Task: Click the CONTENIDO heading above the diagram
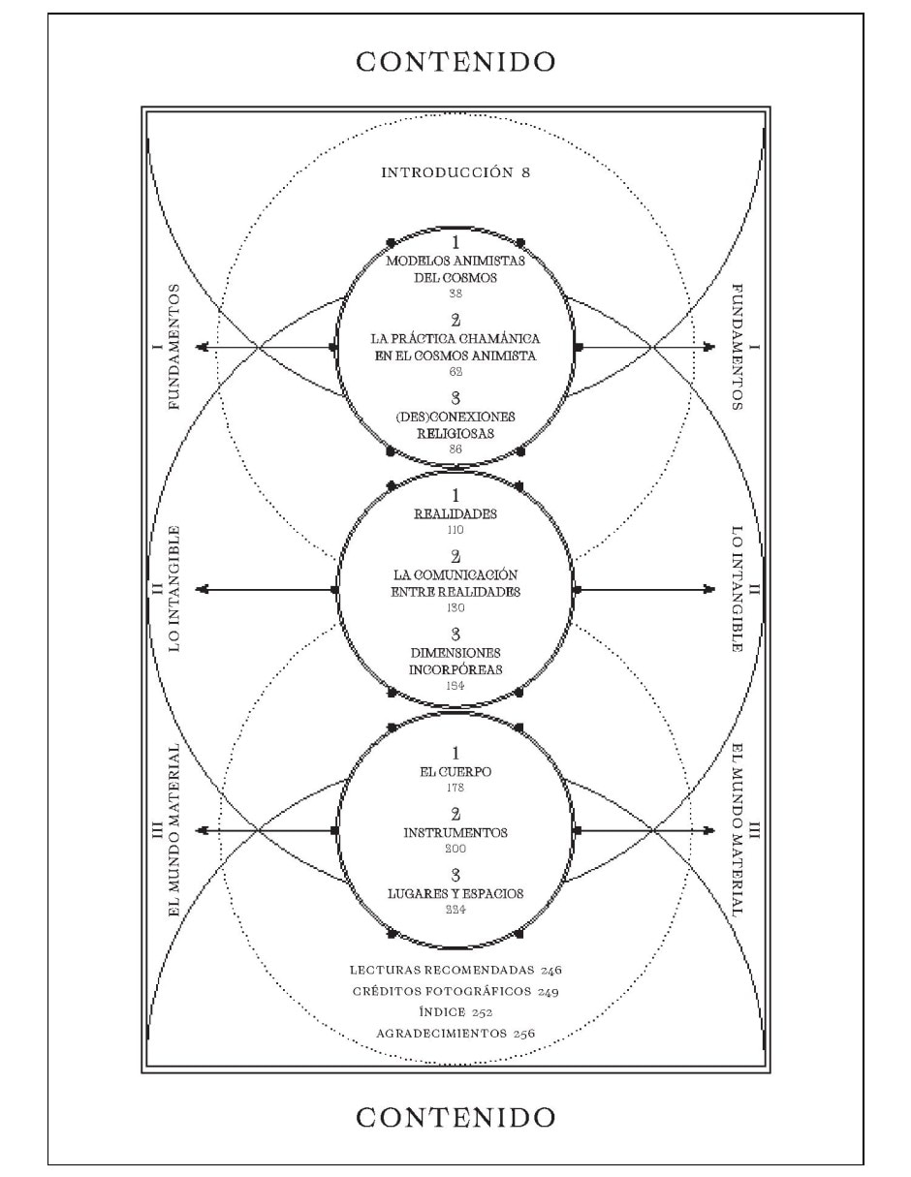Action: [x=455, y=62]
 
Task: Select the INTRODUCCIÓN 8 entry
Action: [x=455, y=172]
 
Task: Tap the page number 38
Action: [x=455, y=294]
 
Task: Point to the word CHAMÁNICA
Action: [x=499, y=338]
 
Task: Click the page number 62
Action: [x=455, y=372]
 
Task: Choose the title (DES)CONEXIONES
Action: [x=455, y=418]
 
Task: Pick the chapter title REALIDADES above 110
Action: [x=455, y=514]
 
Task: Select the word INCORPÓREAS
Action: [x=455, y=670]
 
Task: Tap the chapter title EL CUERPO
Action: [x=455, y=772]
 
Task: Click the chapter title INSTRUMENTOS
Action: [x=455, y=832]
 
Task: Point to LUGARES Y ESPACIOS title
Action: [x=455, y=893]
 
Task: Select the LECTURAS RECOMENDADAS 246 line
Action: [x=455, y=970]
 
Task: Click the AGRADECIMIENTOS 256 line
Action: [x=455, y=1034]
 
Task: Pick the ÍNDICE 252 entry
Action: [x=455, y=1012]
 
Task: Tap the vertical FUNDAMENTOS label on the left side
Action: [x=173, y=347]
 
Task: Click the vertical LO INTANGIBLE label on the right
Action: [x=738, y=589]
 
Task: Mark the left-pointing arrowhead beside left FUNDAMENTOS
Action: [x=202, y=347]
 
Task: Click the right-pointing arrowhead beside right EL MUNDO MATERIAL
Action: [x=709, y=830]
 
